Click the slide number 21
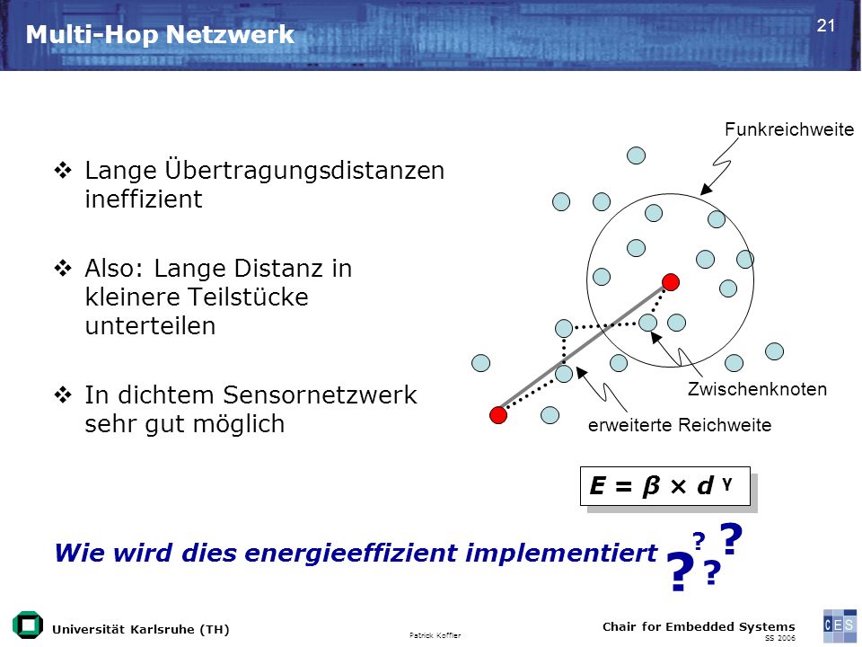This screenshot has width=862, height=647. tap(826, 26)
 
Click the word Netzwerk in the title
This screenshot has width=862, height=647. tap(230, 35)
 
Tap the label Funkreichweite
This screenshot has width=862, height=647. tap(789, 129)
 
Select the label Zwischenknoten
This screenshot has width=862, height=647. tap(757, 389)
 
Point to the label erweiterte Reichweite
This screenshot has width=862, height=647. tap(680, 425)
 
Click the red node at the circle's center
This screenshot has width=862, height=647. tap(670, 282)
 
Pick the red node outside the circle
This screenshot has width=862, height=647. tap(498, 415)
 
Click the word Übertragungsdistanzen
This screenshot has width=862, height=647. tap(304, 170)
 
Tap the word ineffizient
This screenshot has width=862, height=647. tap(144, 199)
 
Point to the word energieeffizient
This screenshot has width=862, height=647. tap(351, 553)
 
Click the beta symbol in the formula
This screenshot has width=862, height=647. tap(650, 486)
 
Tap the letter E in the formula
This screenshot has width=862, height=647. tap(598, 486)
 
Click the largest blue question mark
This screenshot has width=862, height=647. tap(680, 572)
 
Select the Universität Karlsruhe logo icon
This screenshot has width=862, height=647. tap(28, 625)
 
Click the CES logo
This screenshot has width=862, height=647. tap(840, 625)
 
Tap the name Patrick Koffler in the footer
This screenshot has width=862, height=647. tap(435, 635)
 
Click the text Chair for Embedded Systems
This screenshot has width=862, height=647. tap(699, 626)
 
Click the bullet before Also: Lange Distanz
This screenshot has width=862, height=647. tap(63, 269)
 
